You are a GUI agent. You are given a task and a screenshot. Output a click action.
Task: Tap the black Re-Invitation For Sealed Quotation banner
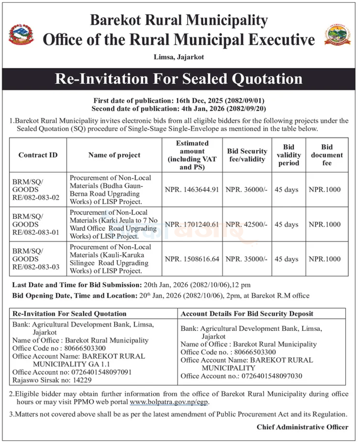tap(179, 79)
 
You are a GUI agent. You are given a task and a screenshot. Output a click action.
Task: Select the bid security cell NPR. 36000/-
tap(246, 189)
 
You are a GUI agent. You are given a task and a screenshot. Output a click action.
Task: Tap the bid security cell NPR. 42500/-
tap(246, 224)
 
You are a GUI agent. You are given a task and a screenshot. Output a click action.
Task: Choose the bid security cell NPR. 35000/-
tap(246, 259)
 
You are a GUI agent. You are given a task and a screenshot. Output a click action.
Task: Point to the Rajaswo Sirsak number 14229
tap(47, 379)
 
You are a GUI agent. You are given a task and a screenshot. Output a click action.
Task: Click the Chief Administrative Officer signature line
tap(302, 427)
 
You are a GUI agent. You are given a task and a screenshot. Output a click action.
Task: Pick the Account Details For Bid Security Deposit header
tap(247, 314)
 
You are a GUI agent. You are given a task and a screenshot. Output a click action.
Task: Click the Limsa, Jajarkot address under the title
tap(179, 56)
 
